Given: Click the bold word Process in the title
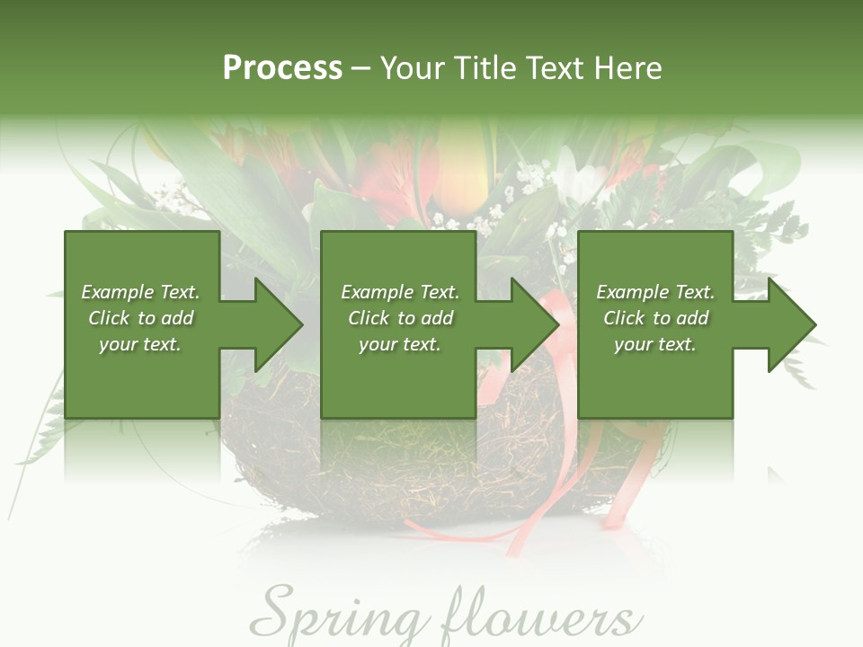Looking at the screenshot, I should tap(282, 68).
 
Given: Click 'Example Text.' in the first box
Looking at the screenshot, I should tap(140, 292).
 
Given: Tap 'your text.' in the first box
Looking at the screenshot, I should tap(140, 344).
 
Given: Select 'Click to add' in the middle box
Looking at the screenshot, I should tap(400, 318).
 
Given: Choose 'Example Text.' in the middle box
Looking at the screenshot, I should tap(400, 292).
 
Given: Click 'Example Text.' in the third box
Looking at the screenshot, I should tap(655, 292).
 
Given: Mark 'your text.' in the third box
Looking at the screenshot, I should tap(655, 344).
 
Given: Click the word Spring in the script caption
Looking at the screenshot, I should tap(334, 616).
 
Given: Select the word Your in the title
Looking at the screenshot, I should tap(413, 68).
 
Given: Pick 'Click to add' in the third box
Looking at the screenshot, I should tap(655, 318).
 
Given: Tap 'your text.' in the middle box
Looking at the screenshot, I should tap(400, 344).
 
